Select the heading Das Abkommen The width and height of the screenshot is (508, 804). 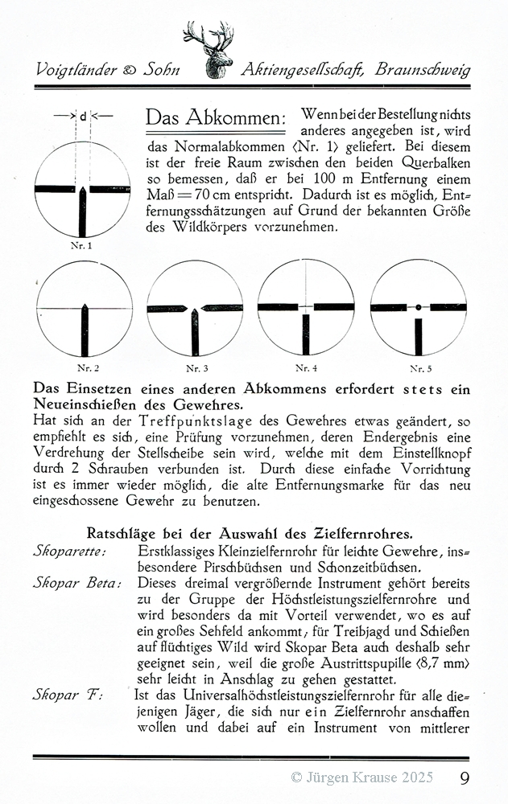(x=215, y=118)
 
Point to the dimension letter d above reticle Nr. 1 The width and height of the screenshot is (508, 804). (x=83, y=117)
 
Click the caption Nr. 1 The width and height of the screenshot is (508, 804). (x=83, y=245)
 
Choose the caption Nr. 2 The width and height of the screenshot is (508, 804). (x=85, y=368)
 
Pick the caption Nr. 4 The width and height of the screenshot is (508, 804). (x=306, y=368)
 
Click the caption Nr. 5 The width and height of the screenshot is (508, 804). (x=418, y=368)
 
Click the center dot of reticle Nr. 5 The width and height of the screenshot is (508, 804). (x=418, y=307)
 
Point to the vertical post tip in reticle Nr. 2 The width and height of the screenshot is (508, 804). (x=85, y=306)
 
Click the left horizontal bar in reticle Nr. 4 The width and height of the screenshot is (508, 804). (x=278, y=307)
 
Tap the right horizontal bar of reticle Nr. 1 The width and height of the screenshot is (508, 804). (x=112, y=190)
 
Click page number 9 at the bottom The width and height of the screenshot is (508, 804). (x=466, y=777)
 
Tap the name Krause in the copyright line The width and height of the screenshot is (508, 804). (x=377, y=777)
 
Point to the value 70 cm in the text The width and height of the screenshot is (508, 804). (x=214, y=195)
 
